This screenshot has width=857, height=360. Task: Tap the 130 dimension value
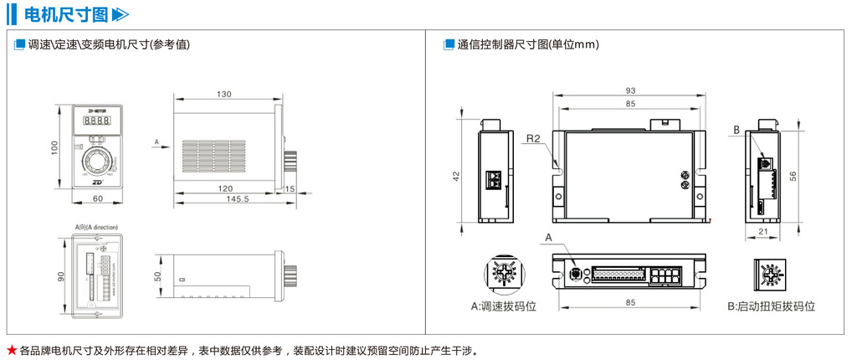pos(224,94)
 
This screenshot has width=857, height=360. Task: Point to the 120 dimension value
pos(224,188)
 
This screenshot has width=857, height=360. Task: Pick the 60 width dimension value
pos(97,198)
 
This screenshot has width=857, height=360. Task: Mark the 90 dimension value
pos(61,275)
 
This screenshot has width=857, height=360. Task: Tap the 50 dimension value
pos(158,275)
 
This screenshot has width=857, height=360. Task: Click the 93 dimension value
pos(630,90)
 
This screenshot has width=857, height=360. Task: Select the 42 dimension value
pos(456,176)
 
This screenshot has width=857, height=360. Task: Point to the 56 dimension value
pos(803,175)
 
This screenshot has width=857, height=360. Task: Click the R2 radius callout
pos(534,138)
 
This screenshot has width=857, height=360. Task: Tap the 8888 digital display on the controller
pos(98,121)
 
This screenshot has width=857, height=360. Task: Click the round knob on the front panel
pos(98,160)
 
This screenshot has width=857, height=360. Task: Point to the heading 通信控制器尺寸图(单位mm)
pos(528,44)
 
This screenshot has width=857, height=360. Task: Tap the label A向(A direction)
pos(96,226)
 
